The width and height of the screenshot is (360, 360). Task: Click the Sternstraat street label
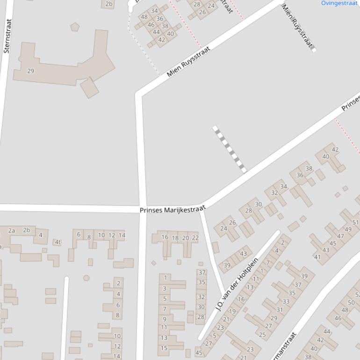pyautogui.click(x=7, y=36)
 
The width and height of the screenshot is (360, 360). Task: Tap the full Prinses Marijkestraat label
pyautogui.click(x=173, y=210)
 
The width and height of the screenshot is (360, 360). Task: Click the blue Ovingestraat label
pyautogui.click(x=339, y=3)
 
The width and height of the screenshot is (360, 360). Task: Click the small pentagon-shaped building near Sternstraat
pyautogui.click(x=74, y=27)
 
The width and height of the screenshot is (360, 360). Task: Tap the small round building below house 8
pyautogui.click(x=86, y=278)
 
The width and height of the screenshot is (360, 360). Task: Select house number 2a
pyautogui.click(x=12, y=230)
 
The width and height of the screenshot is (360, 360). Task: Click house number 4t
pyautogui.click(x=58, y=242)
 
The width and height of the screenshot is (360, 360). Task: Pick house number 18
pyautogui.click(x=175, y=238)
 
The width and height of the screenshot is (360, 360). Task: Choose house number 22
pyautogui.click(x=195, y=238)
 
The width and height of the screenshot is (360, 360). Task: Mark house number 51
pyautogui.click(x=355, y=223)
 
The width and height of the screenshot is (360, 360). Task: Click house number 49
pyautogui.click(x=348, y=230)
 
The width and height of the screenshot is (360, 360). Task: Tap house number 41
pyautogui.click(x=317, y=257)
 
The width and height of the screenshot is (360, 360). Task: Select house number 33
pyautogui.click(x=286, y=302)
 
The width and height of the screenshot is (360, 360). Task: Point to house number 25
pyautogui.click(x=262, y=335)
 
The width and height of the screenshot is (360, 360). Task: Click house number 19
pyautogui.click(x=232, y=311)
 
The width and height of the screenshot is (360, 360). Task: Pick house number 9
pyautogui.click(x=164, y=319)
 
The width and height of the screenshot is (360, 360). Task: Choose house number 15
pyautogui.click(x=164, y=348)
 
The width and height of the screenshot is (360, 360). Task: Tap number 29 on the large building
pyautogui.click(x=31, y=71)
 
